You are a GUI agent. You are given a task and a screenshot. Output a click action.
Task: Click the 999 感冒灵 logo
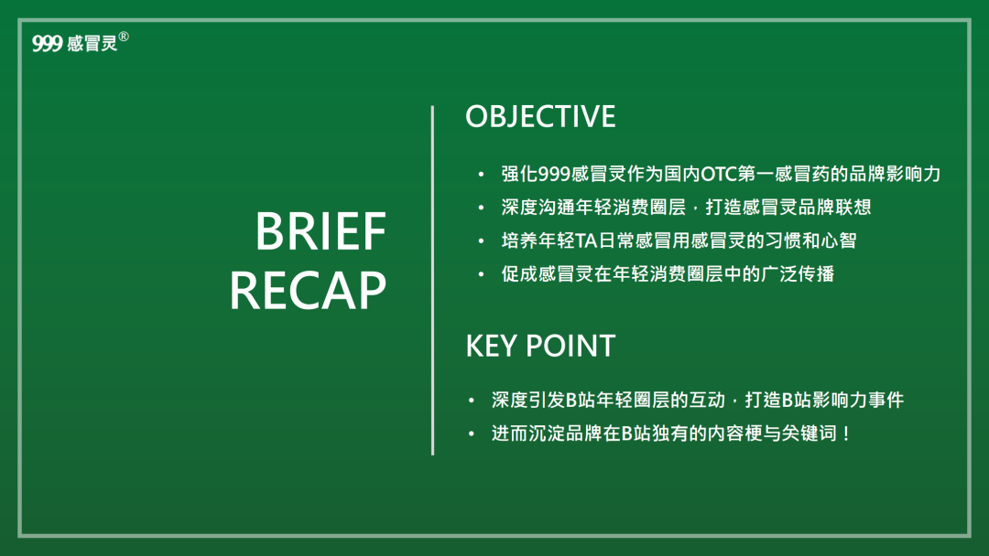tap(80, 42)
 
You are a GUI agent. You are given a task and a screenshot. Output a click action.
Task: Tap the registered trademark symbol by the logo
tap(124, 37)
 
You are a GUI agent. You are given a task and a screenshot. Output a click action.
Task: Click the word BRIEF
tap(321, 231)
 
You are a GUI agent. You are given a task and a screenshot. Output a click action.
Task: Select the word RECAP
tap(308, 291)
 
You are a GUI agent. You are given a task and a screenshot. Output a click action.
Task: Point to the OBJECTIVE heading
tap(540, 116)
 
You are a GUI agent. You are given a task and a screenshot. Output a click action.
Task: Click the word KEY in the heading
tap(491, 347)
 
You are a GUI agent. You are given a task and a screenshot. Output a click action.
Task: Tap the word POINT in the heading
tap(571, 347)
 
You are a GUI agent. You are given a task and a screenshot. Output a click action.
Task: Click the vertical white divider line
tap(432, 280)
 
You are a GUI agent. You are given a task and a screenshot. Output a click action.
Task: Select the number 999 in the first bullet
tap(554, 174)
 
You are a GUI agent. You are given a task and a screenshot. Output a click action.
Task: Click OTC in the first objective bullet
tap(719, 174)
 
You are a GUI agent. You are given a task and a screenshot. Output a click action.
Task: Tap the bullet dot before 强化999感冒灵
tap(482, 175)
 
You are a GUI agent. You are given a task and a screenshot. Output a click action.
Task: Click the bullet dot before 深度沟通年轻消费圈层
tap(482, 208)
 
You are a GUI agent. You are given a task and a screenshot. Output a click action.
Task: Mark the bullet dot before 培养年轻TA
tap(482, 241)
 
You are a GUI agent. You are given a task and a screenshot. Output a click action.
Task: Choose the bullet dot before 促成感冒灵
tap(482, 274)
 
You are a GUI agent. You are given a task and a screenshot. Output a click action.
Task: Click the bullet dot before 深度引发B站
tap(472, 401)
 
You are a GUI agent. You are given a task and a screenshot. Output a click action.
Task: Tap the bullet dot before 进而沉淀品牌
tap(472, 433)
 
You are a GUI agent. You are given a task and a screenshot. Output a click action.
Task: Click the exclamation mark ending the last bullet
tap(846, 433)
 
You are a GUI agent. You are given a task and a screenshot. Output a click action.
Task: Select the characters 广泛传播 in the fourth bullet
tap(798, 274)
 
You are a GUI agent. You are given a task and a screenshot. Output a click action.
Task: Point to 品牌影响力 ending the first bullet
tap(895, 174)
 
